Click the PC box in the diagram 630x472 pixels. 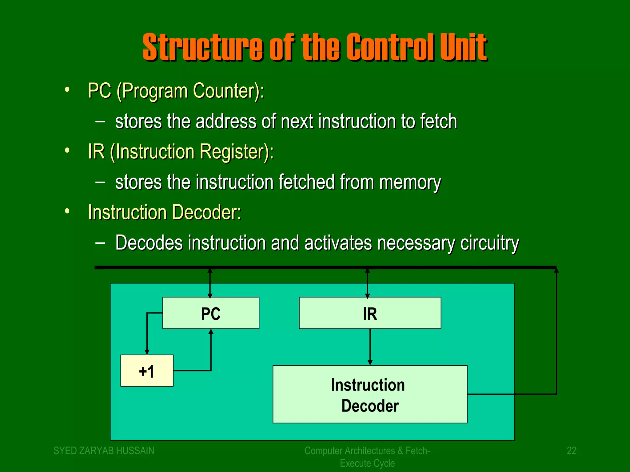211,313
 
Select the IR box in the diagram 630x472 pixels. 370,313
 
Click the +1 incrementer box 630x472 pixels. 147,371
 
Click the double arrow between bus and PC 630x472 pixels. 210,283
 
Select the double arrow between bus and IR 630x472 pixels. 367,283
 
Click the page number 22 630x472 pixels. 571,450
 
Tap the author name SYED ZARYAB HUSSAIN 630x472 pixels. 104,450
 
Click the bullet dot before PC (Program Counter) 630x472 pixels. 67,90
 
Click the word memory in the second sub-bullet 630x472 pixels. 410,182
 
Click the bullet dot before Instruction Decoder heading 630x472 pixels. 67,211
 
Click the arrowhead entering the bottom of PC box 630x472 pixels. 211,332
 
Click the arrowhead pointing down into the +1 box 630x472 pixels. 147,352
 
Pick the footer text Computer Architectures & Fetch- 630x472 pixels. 367,450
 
